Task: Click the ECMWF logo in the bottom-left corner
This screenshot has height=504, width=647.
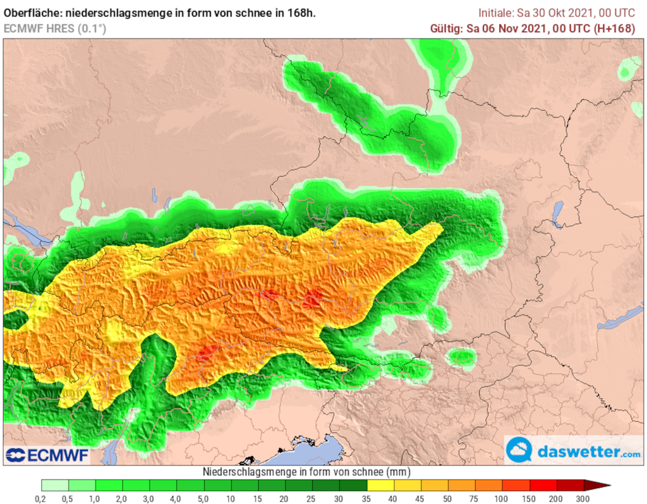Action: tap(47, 455)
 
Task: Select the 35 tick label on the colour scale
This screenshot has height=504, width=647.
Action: tap(367, 499)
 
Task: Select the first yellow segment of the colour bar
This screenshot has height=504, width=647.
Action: tap(380, 485)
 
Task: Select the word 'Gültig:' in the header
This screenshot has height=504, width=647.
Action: tap(447, 28)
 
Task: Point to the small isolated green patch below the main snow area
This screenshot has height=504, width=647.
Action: tap(461, 357)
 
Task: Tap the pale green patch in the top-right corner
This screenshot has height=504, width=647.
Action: tap(629, 69)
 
